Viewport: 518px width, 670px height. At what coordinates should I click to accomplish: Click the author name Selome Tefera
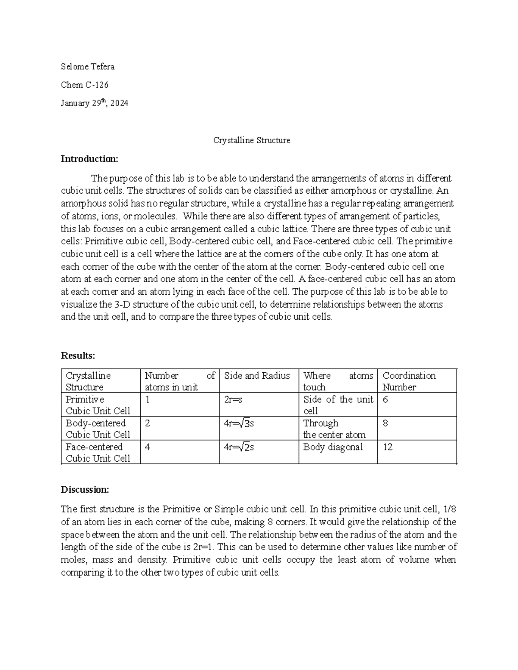(88, 66)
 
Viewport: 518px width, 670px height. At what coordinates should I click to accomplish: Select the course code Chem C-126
(85, 85)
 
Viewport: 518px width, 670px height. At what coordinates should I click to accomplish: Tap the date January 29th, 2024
(95, 104)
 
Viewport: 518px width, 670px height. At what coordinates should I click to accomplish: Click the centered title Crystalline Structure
(252, 140)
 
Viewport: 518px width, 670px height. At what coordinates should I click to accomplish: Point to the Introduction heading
(89, 159)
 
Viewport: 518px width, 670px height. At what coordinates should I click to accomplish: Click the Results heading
(78, 355)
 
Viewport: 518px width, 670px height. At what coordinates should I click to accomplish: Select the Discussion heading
(85, 490)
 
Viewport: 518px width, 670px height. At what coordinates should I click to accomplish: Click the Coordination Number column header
(409, 381)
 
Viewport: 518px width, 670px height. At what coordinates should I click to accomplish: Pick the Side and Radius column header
(257, 376)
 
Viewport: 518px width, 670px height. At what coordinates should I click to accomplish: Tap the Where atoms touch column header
(338, 381)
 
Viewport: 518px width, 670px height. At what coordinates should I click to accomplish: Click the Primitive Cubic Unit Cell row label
(98, 405)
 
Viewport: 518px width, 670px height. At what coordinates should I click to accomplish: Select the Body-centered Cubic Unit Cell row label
(98, 428)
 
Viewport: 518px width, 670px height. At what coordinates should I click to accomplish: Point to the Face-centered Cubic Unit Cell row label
(98, 452)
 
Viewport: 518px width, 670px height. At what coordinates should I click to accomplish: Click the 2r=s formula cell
(233, 399)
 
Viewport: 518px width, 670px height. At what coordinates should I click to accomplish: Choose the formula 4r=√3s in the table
(239, 423)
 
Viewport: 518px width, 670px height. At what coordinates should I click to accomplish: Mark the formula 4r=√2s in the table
(239, 447)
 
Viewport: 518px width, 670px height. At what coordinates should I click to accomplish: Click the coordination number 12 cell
(388, 447)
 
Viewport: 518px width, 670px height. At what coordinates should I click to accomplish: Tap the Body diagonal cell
(333, 447)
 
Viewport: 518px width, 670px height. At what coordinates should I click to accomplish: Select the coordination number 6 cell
(385, 399)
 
